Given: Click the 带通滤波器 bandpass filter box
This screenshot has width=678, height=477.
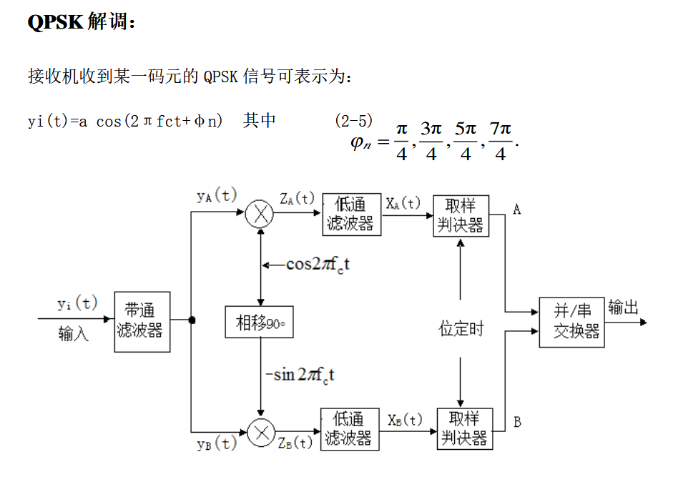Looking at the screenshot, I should tap(142, 321).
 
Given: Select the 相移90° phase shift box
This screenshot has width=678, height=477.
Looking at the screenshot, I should tap(260, 323).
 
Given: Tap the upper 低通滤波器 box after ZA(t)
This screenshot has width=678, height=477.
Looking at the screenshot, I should tap(350, 214).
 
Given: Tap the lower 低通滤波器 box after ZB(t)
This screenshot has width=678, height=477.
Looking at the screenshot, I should tap(349, 428).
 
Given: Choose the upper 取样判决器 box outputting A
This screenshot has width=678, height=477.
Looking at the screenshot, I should tap(461, 215).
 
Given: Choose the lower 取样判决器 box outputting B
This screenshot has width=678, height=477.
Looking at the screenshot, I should tap(463, 428).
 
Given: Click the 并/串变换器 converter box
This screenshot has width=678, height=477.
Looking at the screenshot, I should tap(571, 322).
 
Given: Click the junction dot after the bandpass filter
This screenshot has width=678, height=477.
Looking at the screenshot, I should tap(192, 320).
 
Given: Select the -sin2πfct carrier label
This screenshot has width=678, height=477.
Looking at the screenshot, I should tap(300, 374).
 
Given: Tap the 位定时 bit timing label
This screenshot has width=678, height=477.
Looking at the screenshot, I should tap(461, 329).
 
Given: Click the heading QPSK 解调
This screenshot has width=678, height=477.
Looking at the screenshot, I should tap(81, 22).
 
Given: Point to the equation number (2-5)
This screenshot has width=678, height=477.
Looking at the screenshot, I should tap(353, 121).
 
